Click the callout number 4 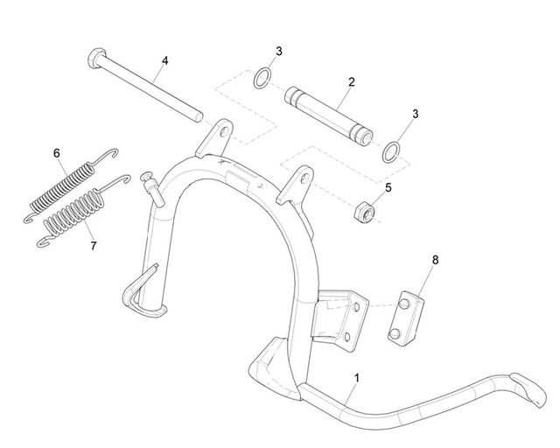point(164,60)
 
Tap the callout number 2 point(352,81)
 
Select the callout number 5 point(388,187)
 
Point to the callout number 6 point(57,154)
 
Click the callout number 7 point(94,246)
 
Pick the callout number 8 point(435,260)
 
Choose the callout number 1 point(356,378)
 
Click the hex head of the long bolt point(96,59)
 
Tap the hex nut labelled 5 point(365,213)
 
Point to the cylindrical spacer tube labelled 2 point(329,115)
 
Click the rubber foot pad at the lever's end point(528,390)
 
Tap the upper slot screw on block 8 point(404,304)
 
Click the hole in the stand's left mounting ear point(224,132)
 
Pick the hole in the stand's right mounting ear point(304,178)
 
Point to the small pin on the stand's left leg point(152,188)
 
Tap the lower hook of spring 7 point(45,242)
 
